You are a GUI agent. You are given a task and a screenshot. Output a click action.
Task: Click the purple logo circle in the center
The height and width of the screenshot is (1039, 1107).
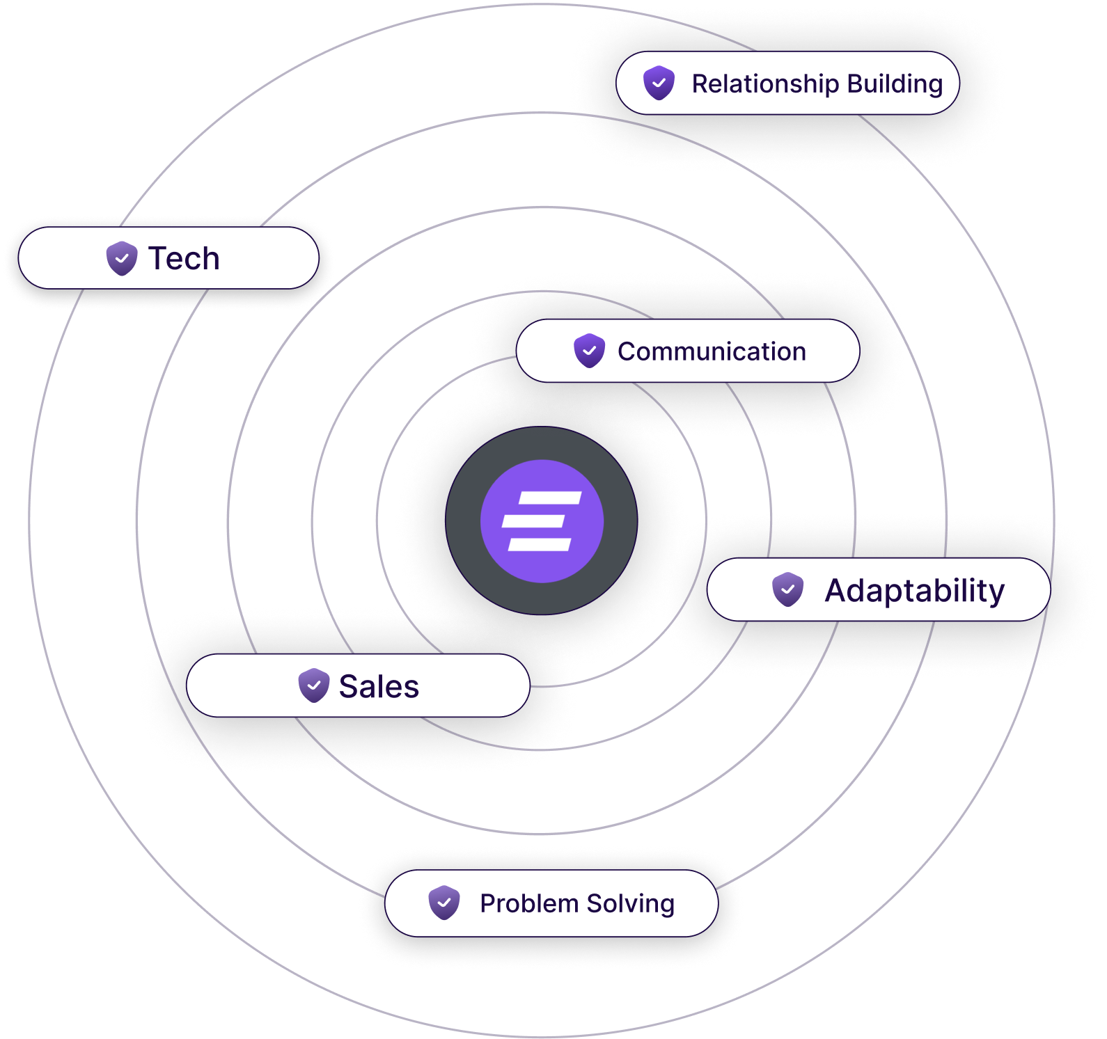pos(542,521)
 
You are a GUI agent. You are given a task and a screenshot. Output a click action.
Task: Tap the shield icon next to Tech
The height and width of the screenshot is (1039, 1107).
pos(122,258)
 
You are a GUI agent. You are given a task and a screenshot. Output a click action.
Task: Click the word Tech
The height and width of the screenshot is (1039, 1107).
pos(184,258)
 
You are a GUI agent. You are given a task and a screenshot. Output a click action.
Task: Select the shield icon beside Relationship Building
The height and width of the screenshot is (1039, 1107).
pos(659,84)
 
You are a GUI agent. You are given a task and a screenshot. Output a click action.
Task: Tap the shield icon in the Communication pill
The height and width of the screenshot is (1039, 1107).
pos(589,351)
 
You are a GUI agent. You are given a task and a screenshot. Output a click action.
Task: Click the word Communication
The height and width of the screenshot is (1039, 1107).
pos(712,351)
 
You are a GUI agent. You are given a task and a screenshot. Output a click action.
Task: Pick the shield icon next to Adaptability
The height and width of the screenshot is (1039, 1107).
pos(787,589)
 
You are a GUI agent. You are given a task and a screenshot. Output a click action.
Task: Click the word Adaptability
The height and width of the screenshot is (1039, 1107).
pos(914,591)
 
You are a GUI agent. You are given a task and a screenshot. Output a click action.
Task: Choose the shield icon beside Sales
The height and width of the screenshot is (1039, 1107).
pos(313,685)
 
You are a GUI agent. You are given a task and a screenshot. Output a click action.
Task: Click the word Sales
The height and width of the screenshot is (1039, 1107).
pos(379,686)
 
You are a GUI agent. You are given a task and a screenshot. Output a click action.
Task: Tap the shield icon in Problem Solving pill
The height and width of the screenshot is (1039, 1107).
pos(443,903)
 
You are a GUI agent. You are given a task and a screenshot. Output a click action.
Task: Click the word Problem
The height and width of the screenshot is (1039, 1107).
pos(529,903)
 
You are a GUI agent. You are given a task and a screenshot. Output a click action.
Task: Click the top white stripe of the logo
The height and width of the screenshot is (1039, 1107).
pos(550,498)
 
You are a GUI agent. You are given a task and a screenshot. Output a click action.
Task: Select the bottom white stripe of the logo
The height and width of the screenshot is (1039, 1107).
pos(540,544)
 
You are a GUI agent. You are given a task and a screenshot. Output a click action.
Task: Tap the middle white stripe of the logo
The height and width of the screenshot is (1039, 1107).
pos(533,521)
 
